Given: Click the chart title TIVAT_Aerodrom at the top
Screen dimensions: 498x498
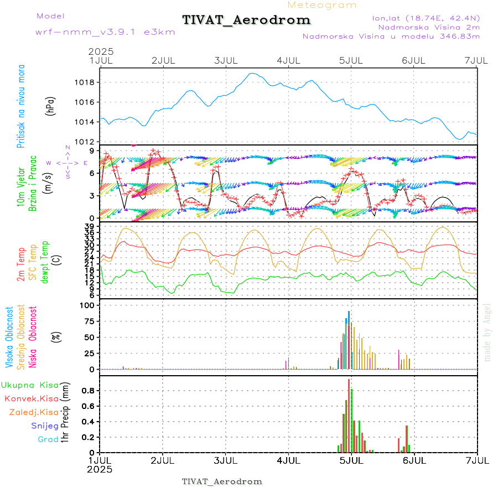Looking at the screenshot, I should pyautogui.click(x=246, y=20).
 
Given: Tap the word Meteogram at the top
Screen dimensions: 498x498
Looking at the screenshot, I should pyautogui.click(x=322, y=5).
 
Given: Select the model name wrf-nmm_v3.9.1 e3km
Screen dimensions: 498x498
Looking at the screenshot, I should pyautogui.click(x=105, y=32).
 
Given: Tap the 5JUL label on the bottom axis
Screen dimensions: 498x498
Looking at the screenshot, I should pyautogui.click(x=351, y=460).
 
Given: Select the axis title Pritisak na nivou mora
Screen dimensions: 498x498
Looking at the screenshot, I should pyautogui.click(x=22, y=109).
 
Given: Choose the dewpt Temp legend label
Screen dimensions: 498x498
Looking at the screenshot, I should pyautogui.click(x=45, y=261).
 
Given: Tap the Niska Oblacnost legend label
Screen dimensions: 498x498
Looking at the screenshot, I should pyautogui.click(x=33, y=338).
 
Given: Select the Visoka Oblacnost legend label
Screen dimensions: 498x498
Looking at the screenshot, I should pyautogui.click(x=10, y=338).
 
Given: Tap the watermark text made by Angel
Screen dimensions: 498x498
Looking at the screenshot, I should pyautogui.click(x=487, y=332).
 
